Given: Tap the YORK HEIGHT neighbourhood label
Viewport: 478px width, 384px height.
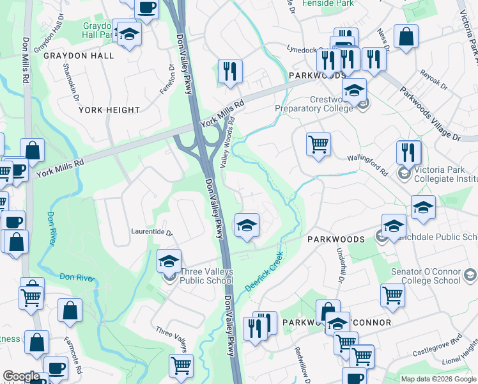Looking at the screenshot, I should coord(109,110).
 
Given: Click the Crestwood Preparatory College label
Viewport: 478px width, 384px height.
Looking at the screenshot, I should coord(313,104).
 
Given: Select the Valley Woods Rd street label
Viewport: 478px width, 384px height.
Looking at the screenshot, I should coord(227,142).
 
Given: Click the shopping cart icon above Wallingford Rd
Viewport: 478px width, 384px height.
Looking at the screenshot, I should coord(318,144).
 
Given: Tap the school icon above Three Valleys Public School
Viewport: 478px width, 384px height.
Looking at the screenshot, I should coord(169,261).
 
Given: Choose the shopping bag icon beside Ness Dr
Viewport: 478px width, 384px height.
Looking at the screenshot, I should coord(406,37).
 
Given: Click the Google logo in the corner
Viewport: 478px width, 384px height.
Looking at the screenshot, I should coord(21,376).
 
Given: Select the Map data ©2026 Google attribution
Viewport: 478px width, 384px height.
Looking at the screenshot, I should coord(438,379).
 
